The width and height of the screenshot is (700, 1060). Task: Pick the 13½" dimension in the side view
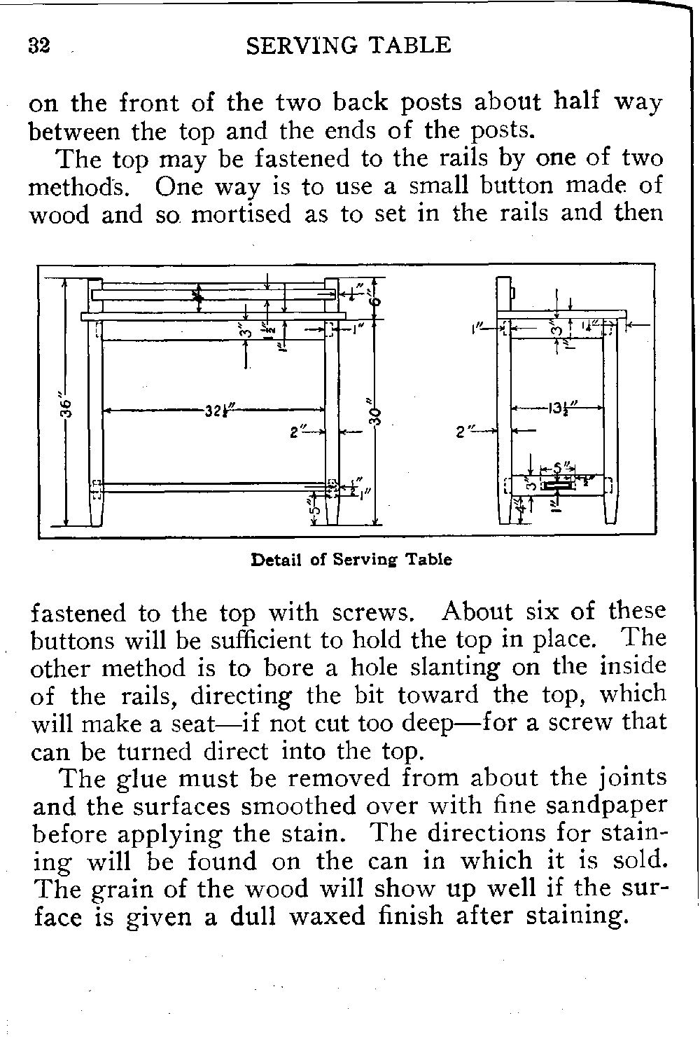pos(557,408)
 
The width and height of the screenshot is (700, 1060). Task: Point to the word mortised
pos(240,214)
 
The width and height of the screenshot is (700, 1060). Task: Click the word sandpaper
pos(606,806)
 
